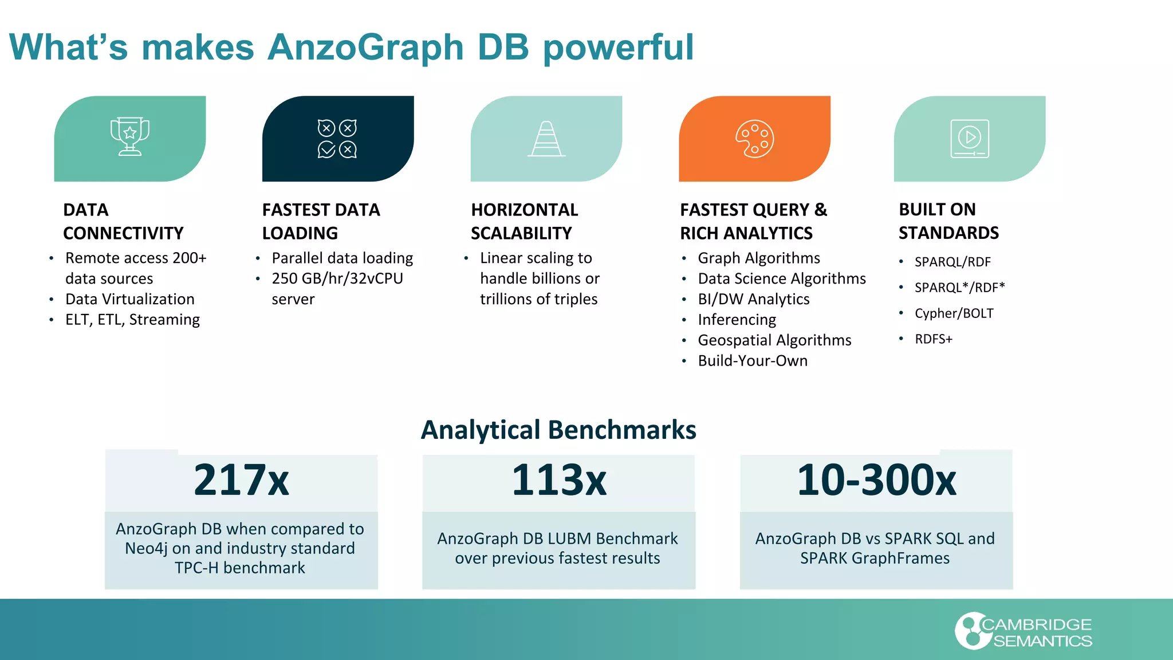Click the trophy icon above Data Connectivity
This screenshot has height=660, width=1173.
[130, 136]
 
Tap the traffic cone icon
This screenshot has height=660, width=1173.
[546, 139]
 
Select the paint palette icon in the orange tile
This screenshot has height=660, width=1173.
[754, 139]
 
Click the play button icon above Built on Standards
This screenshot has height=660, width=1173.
[970, 138]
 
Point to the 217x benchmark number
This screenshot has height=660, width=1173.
[241, 480]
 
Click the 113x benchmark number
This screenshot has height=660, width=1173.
[558, 480]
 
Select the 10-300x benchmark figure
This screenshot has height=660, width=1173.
[876, 480]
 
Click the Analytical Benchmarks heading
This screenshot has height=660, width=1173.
[558, 430]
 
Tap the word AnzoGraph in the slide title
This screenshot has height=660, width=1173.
[365, 47]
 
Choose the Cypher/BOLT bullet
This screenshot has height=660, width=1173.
[954, 313]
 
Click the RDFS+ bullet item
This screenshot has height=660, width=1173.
[933, 339]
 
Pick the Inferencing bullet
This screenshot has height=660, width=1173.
[737, 320]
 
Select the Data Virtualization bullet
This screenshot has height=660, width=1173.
[130, 299]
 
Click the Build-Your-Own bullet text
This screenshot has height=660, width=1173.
[753, 361]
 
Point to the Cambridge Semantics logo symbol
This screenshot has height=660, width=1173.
[970, 631]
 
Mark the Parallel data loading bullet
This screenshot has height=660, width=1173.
[342, 258]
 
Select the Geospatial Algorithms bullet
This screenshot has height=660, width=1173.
[774, 340]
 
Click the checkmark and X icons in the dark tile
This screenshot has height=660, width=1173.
[337, 139]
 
